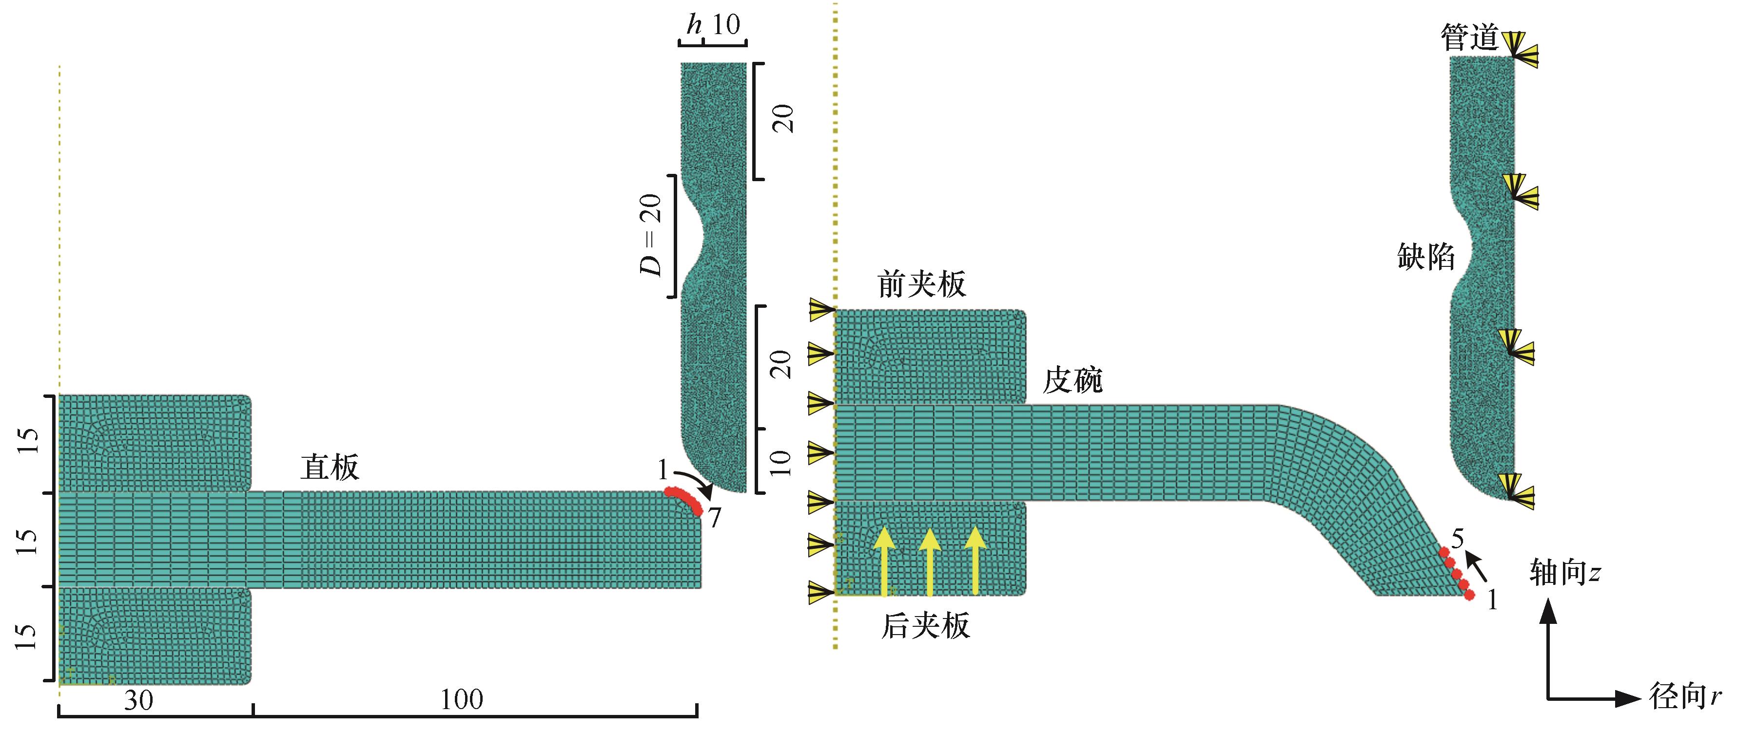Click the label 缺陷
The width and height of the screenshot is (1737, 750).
[1425, 257]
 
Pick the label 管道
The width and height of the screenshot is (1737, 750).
[1469, 37]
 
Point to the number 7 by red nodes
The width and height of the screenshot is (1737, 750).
[714, 518]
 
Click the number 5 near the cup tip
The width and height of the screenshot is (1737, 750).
[1457, 539]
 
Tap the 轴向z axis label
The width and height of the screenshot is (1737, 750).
[1564, 573]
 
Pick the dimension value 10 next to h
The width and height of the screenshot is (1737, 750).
[726, 26]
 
